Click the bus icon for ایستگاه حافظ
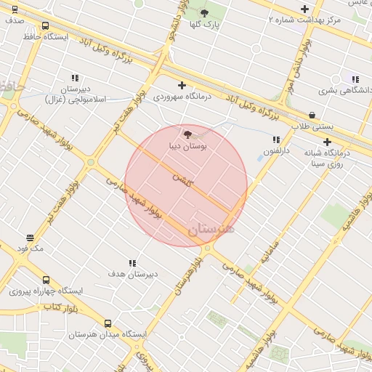(46, 26)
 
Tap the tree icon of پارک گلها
(204, 13)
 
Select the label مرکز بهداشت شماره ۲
(304, 20)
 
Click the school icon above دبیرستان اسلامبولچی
(75, 78)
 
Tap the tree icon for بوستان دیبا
(188, 134)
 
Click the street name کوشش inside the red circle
(182, 178)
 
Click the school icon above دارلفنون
(276, 139)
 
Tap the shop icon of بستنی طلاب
(312, 115)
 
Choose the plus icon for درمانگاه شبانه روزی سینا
(328, 142)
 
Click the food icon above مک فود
(31, 238)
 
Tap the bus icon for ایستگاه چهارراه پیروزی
(46, 280)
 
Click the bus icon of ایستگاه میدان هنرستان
(108, 323)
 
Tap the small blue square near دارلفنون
(261, 158)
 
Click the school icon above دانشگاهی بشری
(355, 79)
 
